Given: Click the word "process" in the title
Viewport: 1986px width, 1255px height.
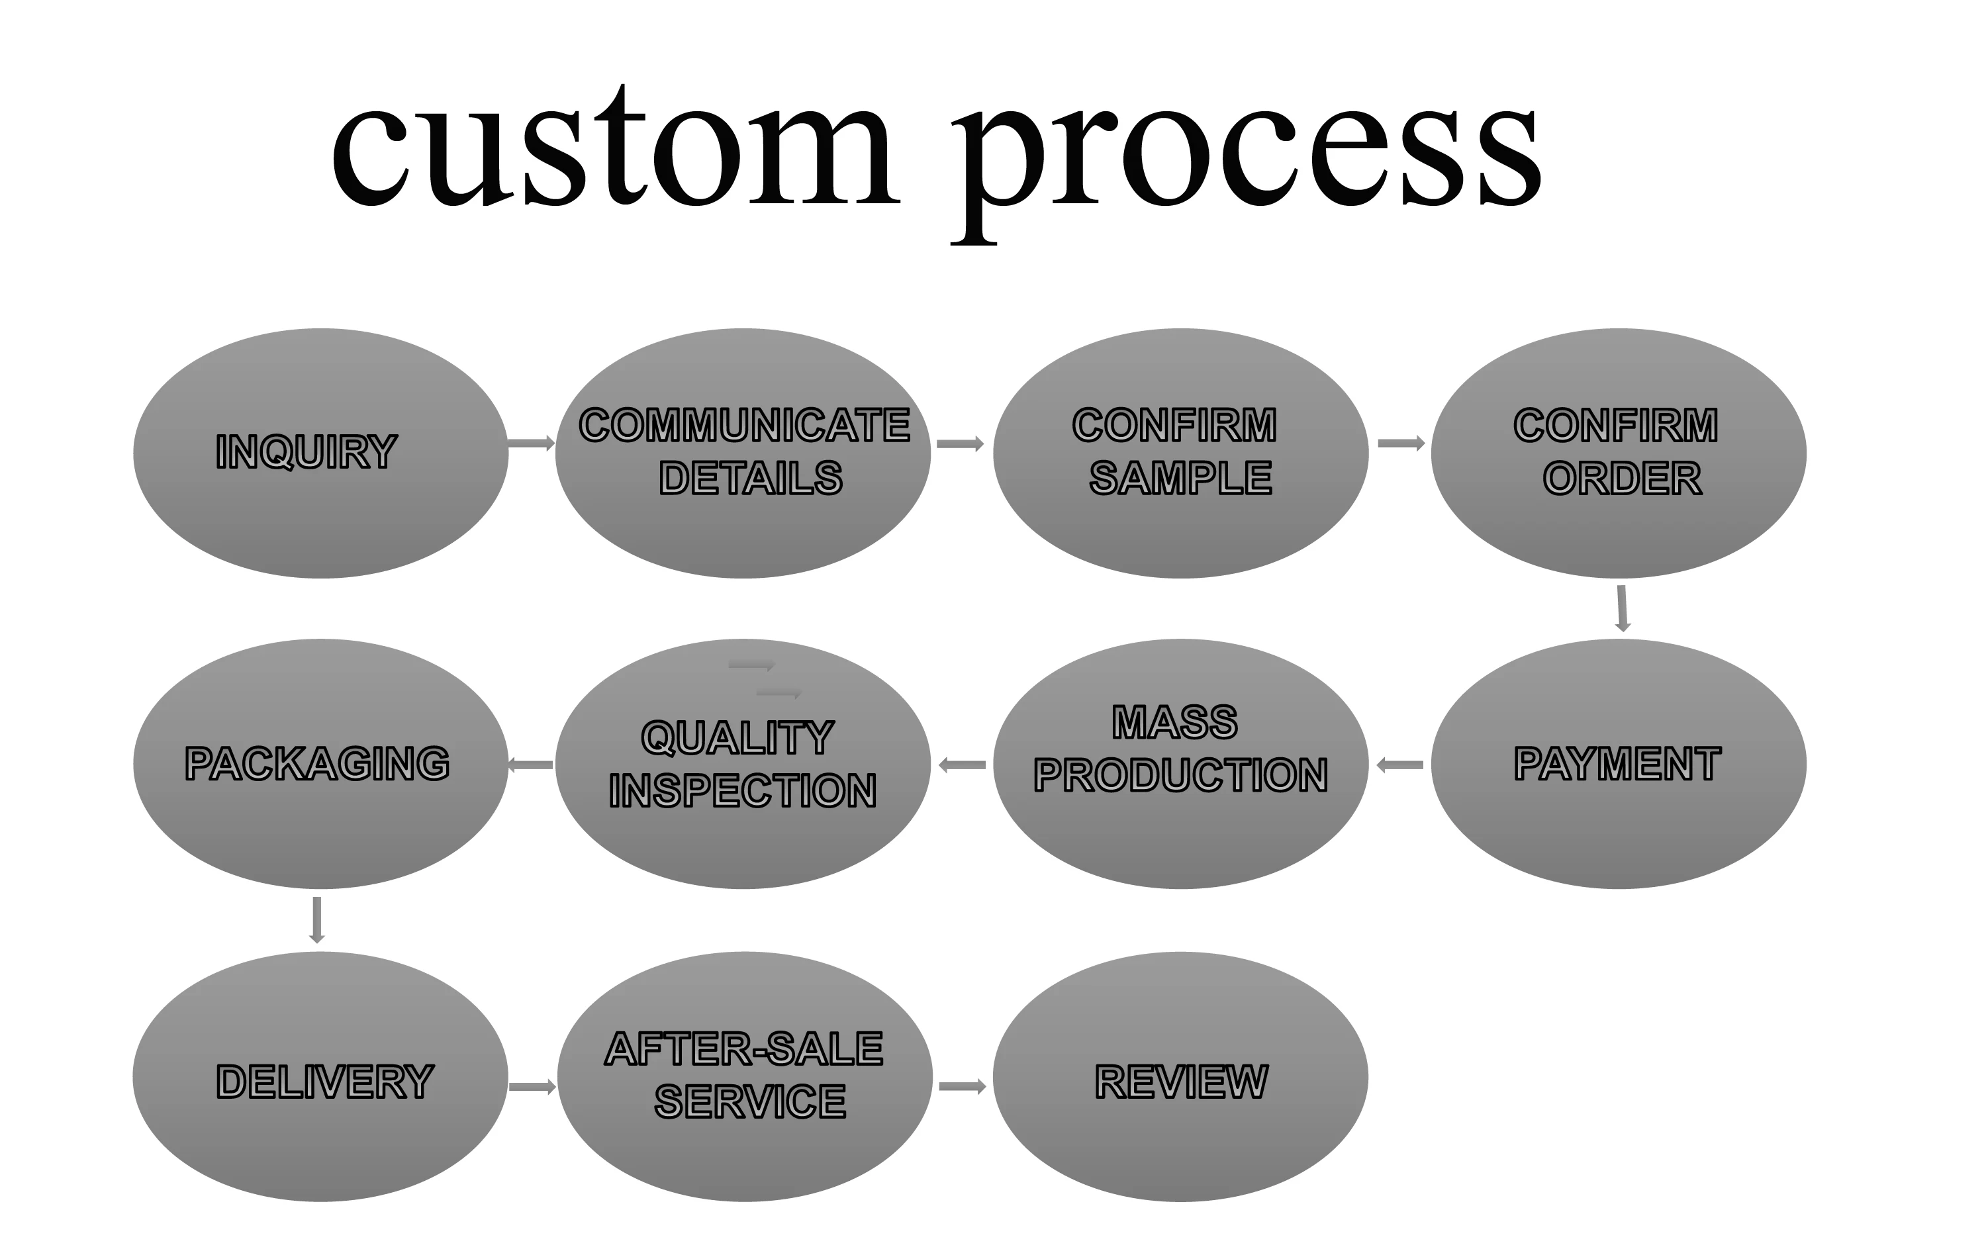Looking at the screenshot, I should click(x=1245, y=157).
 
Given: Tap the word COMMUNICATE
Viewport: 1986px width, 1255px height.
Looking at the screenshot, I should click(x=744, y=426).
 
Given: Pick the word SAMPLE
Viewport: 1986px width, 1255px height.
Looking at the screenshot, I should click(x=1180, y=479).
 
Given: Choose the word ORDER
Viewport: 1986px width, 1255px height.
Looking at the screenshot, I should click(x=1621, y=479).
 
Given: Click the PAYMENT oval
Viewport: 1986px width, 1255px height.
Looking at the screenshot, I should click(x=1618, y=764).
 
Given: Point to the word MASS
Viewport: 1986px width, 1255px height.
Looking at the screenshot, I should click(x=1174, y=722).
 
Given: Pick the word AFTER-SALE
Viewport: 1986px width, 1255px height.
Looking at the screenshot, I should click(x=744, y=1049).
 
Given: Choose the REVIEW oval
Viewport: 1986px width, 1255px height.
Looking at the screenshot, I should click(x=1180, y=1080).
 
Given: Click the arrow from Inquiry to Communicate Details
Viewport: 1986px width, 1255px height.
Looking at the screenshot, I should click(x=531, y=443).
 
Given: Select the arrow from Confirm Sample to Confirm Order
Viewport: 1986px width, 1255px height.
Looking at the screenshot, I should click(x=1401, y=443).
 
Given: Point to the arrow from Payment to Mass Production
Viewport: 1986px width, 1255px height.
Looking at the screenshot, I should click(x=1400, y=765).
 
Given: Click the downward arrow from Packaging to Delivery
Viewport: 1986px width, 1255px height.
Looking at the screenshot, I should click(x=316, y=919).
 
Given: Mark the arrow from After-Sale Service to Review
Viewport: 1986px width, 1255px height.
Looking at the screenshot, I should click(x=963, y=1087).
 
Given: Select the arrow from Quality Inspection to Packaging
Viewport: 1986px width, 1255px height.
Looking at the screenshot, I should click(x=531, y=765).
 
